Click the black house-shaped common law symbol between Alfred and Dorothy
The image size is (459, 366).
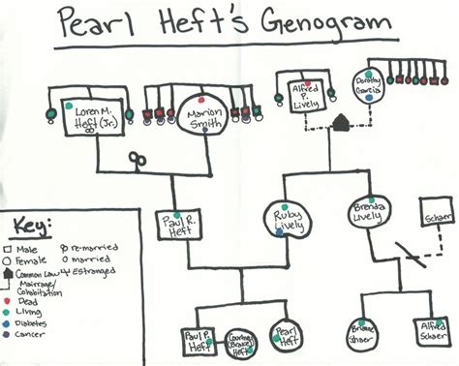pyautogui.click(x=340, y=122)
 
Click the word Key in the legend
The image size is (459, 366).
pyautogui.click(x=31, y=227)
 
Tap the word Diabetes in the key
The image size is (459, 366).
pyautogui.click(x=38, y=312)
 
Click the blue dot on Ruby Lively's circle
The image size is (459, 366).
pyautogui.click(x=280, y=232)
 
